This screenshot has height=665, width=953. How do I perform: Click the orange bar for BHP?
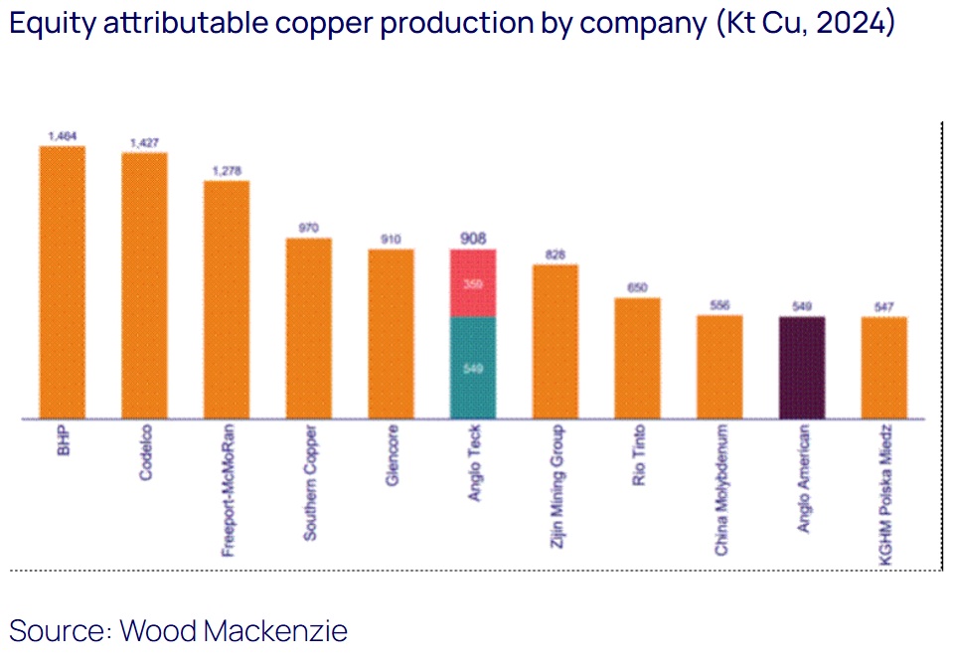tap(62, 282)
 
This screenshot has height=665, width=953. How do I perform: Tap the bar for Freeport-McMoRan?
tap(227, 299)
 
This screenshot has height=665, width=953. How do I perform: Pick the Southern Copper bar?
tap(308, 328)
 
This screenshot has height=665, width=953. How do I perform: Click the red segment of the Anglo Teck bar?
tap(473, 283)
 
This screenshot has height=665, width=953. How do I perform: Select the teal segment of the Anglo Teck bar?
tap(473, 368)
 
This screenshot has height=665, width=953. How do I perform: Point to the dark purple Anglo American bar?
tap(801, 368)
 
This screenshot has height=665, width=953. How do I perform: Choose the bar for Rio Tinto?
tap(637, 358)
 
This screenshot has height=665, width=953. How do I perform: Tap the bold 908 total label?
tap(473, 238)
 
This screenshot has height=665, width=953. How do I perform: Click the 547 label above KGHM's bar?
tap(883, 306)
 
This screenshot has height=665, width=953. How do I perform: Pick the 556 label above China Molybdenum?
tap(719, 306)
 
